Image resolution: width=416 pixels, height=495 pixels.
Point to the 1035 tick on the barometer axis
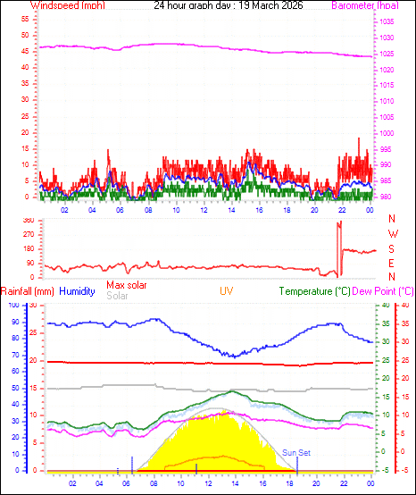385,21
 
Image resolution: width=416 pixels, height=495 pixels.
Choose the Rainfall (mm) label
28,291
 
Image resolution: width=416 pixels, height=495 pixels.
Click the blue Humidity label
77,291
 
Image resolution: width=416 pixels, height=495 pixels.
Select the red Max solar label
127,285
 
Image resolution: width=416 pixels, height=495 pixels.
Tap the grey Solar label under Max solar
117,295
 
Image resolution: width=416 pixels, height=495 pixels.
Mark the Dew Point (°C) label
383,291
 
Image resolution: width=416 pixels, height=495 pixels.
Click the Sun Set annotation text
296,453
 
